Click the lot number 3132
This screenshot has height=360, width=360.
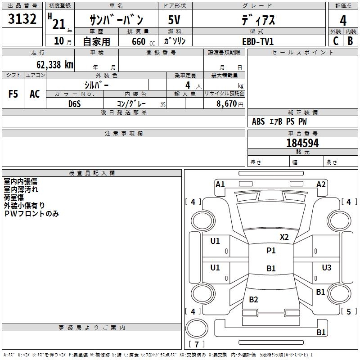tap(22, 19)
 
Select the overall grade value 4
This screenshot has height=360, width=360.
tap(343, 21)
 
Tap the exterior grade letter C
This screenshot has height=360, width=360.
tap(336, 41)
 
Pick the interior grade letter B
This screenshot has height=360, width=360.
tap(350, 41)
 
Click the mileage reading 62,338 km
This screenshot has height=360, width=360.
tap(55, 65)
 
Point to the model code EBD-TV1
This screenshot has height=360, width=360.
tap(258, 41)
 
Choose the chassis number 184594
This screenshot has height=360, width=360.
tap(302, 143)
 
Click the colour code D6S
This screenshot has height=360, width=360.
tap(75, 104)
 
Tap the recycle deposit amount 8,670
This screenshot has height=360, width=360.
tap(227, 104)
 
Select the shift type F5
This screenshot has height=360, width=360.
tap(13, 94)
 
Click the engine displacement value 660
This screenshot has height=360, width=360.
tap(139, 41)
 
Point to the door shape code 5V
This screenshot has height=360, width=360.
tap(174, 20)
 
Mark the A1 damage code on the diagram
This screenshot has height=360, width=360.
tap(220, 184)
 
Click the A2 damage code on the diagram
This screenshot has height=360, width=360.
tap(321, 184)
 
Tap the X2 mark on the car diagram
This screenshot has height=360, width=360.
tap(284, 237)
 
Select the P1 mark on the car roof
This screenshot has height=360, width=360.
tap(271, 251)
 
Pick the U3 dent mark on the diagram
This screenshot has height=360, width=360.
tap(327, 267)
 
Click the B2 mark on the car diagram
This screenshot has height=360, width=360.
tap(253, 299)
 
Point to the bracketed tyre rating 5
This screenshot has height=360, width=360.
tap(349, 311)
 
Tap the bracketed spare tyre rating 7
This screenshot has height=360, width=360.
tap(197, 344)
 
